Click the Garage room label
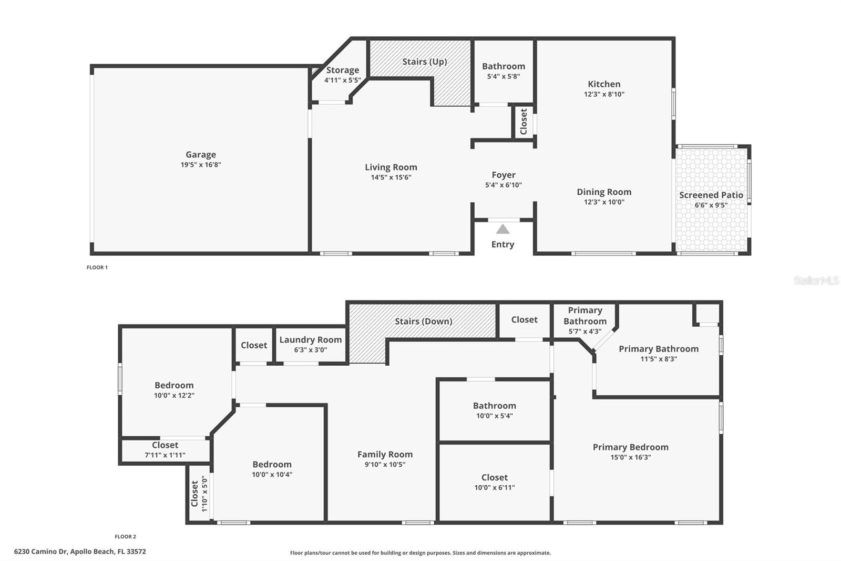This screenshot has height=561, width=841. point(200,154)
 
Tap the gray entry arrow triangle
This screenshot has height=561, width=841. point(502,229)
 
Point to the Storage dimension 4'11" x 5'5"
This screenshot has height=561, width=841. point(342,80)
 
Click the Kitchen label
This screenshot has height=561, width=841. point(604,84)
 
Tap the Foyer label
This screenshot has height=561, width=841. point(503,175)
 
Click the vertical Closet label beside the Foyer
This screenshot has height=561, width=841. point(523,122)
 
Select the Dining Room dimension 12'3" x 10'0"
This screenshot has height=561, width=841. point(604,202)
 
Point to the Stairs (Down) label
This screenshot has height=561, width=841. point(423,321)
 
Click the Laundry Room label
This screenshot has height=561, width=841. point(310,339)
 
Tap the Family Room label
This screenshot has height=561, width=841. point(385,454)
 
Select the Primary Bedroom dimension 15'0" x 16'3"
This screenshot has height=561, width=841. point(630,457)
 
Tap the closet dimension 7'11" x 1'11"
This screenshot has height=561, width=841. point(165,455)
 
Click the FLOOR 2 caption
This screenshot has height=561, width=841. point(125,537)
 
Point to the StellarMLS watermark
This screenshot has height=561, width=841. point(816,281)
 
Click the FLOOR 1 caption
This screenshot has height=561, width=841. point(97,267)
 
